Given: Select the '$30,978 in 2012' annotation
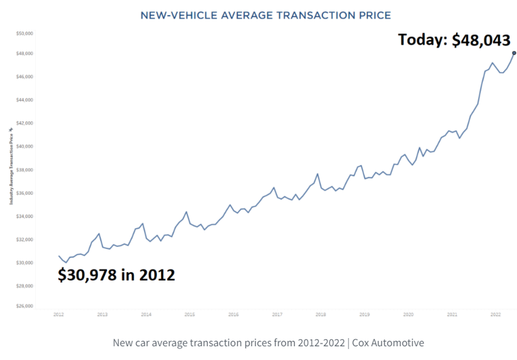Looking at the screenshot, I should (116, 276).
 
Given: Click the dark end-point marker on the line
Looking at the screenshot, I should (514, 53).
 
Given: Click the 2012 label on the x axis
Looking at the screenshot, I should (58, 315).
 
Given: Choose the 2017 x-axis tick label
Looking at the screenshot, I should (277, 315).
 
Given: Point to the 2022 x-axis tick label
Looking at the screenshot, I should (496, 315).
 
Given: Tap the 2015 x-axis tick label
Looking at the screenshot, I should (189, 315).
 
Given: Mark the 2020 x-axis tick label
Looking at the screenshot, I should (408, 315).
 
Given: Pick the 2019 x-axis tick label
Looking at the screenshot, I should (364, 315).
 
